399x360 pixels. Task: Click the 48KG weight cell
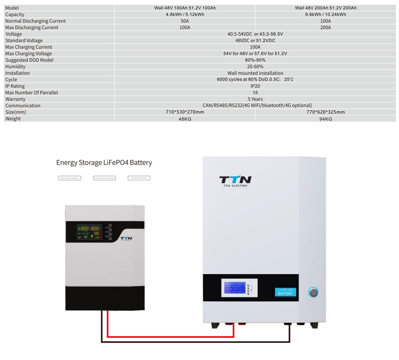[185, 119]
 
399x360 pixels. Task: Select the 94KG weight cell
[326, 119]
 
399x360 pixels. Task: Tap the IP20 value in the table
[255, 86]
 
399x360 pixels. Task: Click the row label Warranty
[15, 99]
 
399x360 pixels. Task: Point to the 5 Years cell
[255, 99]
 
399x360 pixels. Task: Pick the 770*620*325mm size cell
[326, 112]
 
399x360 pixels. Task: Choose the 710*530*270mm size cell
[185, 112]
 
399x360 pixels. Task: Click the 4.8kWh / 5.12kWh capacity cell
[185, 14]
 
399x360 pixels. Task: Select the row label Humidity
[15, 67]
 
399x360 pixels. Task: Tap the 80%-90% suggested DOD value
[255, 60]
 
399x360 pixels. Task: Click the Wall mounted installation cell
[255, 73]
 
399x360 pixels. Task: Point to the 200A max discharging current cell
[326, 28]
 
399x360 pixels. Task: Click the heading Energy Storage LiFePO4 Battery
[104, 163]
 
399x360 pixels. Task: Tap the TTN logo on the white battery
[235, 181]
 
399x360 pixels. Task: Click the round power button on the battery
[313, 293]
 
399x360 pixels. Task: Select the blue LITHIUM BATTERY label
[285, 292]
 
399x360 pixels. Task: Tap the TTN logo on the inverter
[126, 238]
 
